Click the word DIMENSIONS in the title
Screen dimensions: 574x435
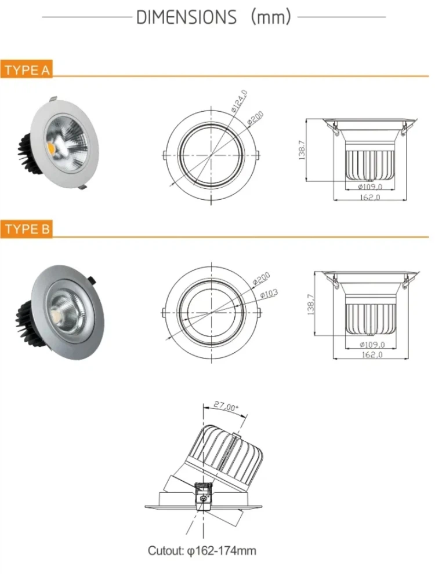pos(186,17)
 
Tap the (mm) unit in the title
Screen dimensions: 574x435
pos(270,17)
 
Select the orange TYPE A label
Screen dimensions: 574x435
pos(27,71)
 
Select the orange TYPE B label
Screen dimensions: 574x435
pos(27,229)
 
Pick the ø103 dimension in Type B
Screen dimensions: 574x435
pos(269,295)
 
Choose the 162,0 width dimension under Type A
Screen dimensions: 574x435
pos(369,198)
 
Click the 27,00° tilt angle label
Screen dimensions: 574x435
pos(225,407)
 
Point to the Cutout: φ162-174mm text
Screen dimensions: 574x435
pos(201,551)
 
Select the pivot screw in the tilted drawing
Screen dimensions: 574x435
pos(204,496)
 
